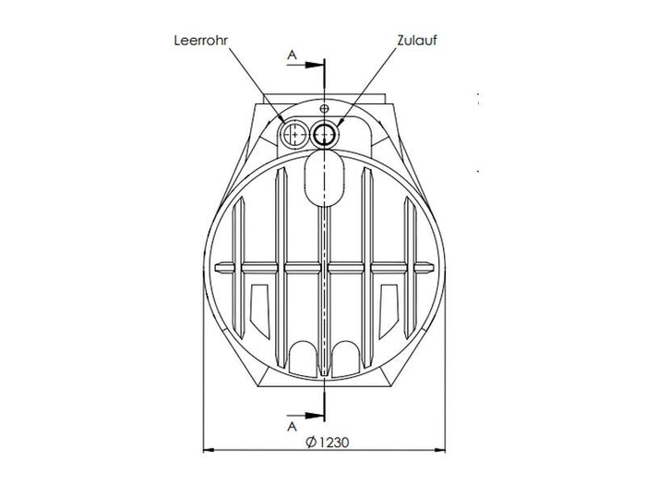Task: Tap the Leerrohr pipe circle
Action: click(x=294, y=135)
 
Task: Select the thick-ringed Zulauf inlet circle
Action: click(x=324, y=135)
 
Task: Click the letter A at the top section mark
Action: click(x=293, y=55)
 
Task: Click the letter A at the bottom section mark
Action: click(x=293, y=428)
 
